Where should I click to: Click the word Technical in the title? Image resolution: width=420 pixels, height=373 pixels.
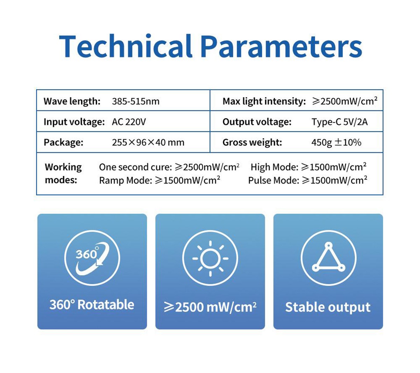[x=125, y=46]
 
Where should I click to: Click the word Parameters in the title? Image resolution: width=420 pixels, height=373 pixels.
[x=281, y=46]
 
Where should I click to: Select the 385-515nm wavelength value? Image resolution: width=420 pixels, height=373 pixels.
[x=135, y=101]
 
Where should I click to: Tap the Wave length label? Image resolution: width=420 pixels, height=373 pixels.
[x=72, y=101]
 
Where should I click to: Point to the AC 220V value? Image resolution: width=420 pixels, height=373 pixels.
[x=129, y=122]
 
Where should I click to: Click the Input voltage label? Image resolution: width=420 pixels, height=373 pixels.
[x=74, y=122]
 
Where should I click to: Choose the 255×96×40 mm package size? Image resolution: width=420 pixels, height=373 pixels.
[x=148, y=142]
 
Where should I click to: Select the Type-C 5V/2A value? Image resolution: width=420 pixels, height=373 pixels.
[x=339, y=122]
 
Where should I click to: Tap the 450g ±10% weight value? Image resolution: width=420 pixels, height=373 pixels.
[x=336, y=142]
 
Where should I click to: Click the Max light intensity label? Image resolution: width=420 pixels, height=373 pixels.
[x=264, y=101]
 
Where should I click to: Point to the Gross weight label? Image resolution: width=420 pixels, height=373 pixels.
[x=252, y=142]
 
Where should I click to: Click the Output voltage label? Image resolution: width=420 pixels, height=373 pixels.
[x=257, y=122]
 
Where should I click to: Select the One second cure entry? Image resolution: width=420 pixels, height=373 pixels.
[x=169, y=167]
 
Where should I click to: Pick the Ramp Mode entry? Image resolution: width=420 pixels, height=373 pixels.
[x=159, y=181]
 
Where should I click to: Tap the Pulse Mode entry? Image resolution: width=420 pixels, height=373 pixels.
[x=307, y=181]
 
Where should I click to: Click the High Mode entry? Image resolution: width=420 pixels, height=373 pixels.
[x=308, y=167]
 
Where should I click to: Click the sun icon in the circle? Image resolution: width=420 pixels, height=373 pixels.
[x=210, y=258]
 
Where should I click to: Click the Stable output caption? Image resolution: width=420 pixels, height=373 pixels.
[x=328, y=307]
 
